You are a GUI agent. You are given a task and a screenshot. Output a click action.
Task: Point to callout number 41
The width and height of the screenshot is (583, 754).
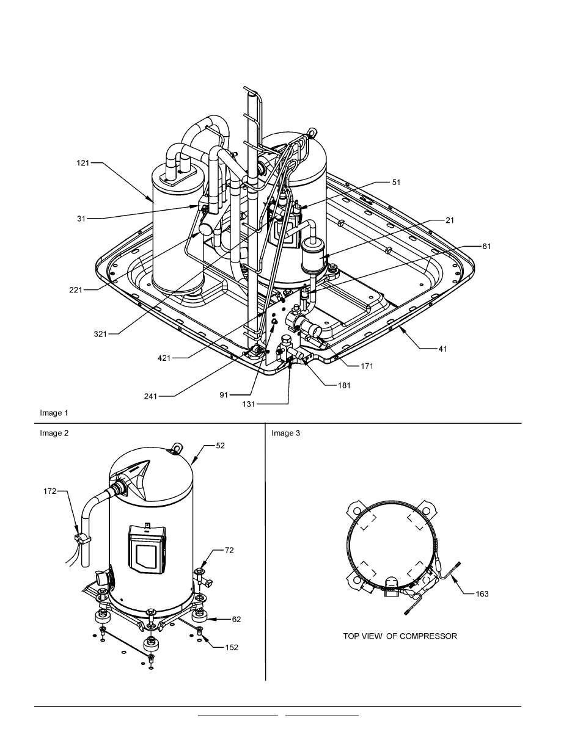(443, 349)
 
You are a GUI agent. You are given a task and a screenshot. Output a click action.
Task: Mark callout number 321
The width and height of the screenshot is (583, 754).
(101, 333)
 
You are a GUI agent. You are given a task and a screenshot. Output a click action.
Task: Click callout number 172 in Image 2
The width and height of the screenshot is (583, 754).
(51, 490)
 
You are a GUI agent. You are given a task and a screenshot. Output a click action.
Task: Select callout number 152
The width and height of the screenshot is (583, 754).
(230, 648)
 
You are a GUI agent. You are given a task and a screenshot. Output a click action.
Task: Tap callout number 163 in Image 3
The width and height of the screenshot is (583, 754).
(482, 594)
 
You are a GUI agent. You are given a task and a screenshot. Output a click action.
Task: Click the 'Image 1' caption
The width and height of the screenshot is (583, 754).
(54, 413)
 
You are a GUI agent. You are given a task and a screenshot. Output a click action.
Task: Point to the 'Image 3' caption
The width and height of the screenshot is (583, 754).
(285, 433)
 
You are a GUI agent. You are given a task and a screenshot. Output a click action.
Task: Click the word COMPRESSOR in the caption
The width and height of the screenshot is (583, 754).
(428, 636)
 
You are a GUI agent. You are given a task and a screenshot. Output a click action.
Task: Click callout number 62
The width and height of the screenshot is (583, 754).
(235, 619)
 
